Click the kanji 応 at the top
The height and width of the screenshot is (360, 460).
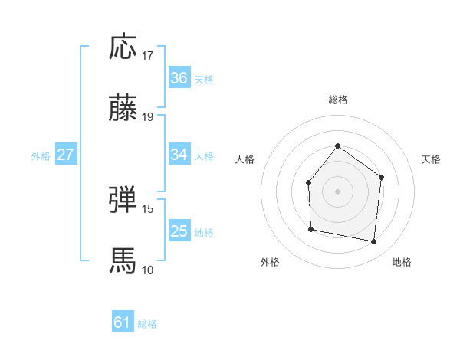coord(123,47)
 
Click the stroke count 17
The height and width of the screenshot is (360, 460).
coord(148,56)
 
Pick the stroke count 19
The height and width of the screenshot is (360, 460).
coord(148,117)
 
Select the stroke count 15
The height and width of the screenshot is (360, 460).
coord(148,208)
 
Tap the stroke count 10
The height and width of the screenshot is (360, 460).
coord(148,270)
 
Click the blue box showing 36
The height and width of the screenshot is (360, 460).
coord(179,78)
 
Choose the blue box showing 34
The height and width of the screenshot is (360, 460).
coord(179,155)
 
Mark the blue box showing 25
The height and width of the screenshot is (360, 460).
coord(179,231)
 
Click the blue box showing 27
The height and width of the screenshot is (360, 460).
coord(65,155)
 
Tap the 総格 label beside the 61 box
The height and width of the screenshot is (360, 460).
coord(147,324)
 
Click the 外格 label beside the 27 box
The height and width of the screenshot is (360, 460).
coord(41,155)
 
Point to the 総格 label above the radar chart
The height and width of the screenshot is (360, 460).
coord(337,100)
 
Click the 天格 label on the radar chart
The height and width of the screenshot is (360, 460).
coord(431,159)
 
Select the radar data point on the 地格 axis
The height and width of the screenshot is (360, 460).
coord(374,242)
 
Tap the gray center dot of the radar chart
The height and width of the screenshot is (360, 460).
coord(337,191)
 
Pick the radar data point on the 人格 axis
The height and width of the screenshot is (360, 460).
coord(308,182)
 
